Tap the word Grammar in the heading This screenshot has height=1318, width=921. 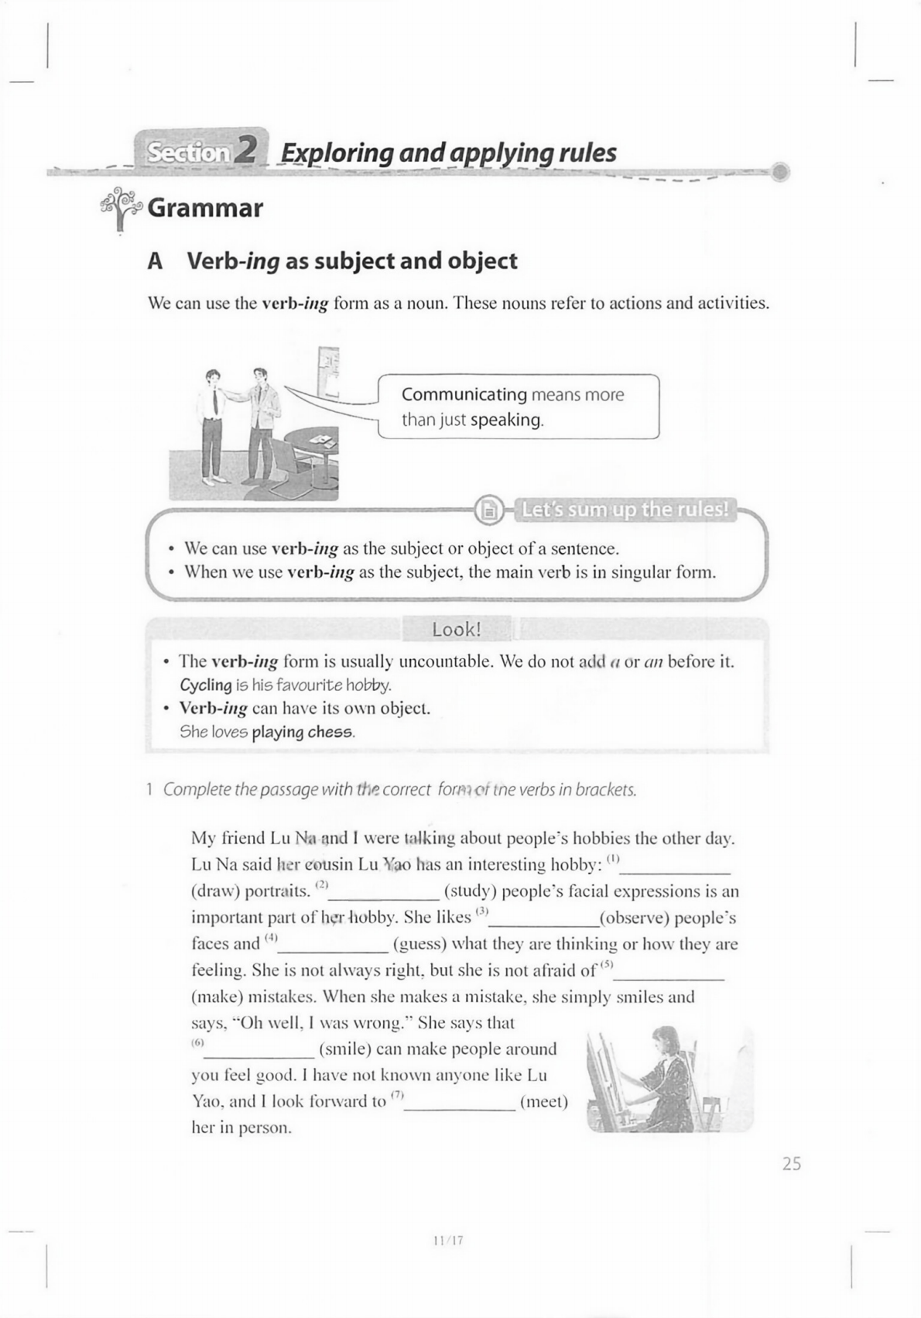(x=205, y=208)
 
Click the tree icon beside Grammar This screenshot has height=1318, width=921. (x=120, y=208)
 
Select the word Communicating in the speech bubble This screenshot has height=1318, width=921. (x=464, y=395)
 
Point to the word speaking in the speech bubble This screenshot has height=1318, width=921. (x=506, y=420)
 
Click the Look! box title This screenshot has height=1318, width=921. (x=457, y=630)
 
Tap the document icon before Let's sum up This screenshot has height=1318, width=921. (x=489, y=510)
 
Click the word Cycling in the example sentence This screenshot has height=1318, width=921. (x=205, y=685)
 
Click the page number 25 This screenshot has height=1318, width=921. (x=792, y=1164)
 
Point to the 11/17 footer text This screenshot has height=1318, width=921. (x=448, y=1240)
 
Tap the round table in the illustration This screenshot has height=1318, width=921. (x=310, y=445)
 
